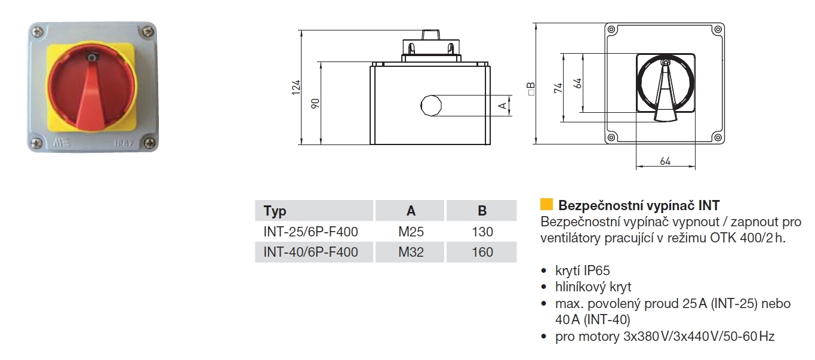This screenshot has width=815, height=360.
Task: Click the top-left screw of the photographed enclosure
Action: [x=39, y=31]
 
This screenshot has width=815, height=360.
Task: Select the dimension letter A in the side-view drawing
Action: [x=503, y=106]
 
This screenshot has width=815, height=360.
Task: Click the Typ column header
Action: [x=275, y=211]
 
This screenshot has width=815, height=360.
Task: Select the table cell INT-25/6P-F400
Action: [x=310, y=232]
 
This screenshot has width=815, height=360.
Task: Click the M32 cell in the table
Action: [x=411, y=252]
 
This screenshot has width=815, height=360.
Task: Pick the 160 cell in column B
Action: [x=482, y=252]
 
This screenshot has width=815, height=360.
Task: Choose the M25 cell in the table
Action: [x=411, y=232]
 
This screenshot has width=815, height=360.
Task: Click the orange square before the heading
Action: [x=546, y=205]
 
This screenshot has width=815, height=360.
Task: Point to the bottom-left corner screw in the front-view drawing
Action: [x=611, y=137]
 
